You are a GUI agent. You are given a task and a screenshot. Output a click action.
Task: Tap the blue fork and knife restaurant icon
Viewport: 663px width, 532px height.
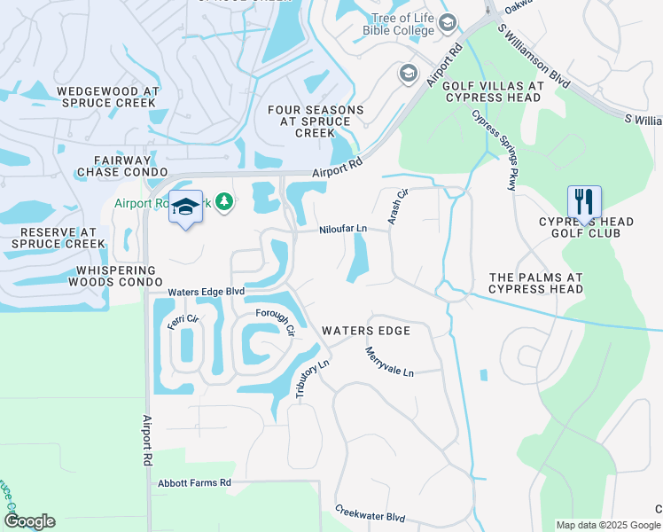(x=584, y=203)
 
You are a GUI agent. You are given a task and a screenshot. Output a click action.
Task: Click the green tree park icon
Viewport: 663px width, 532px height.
(x=226, y=203)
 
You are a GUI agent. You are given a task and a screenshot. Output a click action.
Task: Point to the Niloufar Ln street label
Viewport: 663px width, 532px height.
(x=343, y=229)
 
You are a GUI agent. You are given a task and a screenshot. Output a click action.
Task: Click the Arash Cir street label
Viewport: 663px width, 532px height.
(x=397, y=206)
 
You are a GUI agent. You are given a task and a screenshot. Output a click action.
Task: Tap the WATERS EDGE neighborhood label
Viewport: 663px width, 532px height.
(x=365, y=331)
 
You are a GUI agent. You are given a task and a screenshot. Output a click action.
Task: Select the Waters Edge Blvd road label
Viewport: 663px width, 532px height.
(x=206, y=292)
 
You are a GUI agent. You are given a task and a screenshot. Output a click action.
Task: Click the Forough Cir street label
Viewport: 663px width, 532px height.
(x=275, y=322)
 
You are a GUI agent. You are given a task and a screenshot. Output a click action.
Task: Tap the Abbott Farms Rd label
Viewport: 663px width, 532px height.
(x=194, y=483)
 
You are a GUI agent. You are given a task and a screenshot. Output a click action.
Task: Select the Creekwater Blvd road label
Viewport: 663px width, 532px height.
(x=370, y=514)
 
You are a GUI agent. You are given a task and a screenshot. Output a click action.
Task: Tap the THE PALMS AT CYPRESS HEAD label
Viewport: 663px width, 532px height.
(x=536, y=283)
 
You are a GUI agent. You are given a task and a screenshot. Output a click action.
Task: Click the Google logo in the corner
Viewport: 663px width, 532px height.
(x=29, y=521)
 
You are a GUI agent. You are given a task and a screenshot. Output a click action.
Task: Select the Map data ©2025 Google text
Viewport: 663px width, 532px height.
(x=607, y=525)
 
